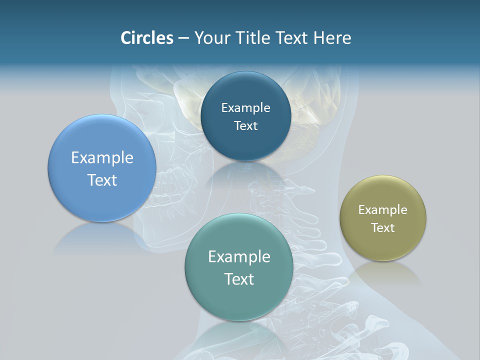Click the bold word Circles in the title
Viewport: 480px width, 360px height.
click(x=147, y=38)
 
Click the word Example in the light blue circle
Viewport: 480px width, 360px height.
click(x=102, y=158)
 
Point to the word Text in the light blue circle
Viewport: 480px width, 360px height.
click(x=102, y=180)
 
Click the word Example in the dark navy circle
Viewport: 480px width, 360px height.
click(x=245, y=108)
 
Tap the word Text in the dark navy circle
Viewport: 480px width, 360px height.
click(x=245, y=126)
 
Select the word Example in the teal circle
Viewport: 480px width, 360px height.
click(x=239, y=257)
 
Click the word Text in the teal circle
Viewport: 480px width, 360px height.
click(x=239, y=279)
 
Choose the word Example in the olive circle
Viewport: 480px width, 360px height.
click(x=383, y=210)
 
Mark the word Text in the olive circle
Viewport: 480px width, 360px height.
click(x=383, y=228)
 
